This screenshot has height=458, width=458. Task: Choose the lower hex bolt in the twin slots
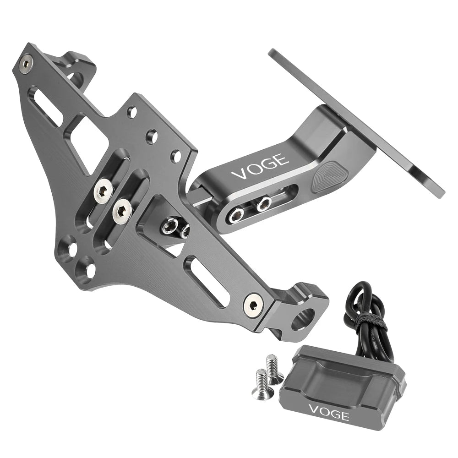tap(122, 210)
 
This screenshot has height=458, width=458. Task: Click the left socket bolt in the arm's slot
tap(238, 213)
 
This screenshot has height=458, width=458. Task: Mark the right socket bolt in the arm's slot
tap(264, 203)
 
